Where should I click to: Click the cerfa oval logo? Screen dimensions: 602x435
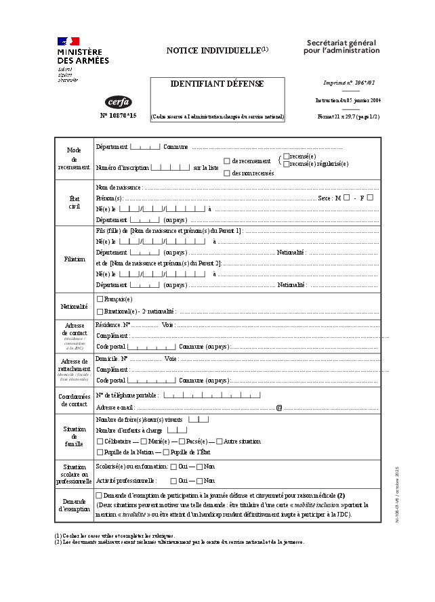(x=119, y=102)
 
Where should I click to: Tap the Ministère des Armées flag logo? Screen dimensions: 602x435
(x=68, y=42)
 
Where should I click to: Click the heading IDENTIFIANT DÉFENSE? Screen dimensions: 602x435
(x=217, y=84)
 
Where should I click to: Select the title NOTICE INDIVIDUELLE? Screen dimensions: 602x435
(x=214, y=51)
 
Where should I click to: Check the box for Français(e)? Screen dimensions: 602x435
(x=100, y=299)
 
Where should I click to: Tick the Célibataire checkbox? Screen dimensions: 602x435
(x=100, y=441)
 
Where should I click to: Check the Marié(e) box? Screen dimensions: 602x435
(x=144, y=441)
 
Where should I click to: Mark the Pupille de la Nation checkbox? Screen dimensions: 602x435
(x=100, y=452)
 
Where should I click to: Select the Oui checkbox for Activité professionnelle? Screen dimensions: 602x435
(x=174, y=481)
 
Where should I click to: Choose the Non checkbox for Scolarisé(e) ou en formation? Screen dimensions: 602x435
(x=200, y=467)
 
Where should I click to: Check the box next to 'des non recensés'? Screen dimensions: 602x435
(x=227, y=173)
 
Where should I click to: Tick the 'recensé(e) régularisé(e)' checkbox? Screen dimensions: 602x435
(x=287, y=164)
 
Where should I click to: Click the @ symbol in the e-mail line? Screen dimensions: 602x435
(x=278, y=408)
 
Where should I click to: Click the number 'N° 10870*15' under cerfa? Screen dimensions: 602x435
(x=119, y=116)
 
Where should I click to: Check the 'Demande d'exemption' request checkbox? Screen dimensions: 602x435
(x=100, y=496)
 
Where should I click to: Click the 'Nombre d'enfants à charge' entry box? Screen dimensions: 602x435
(x=178, y=430)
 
